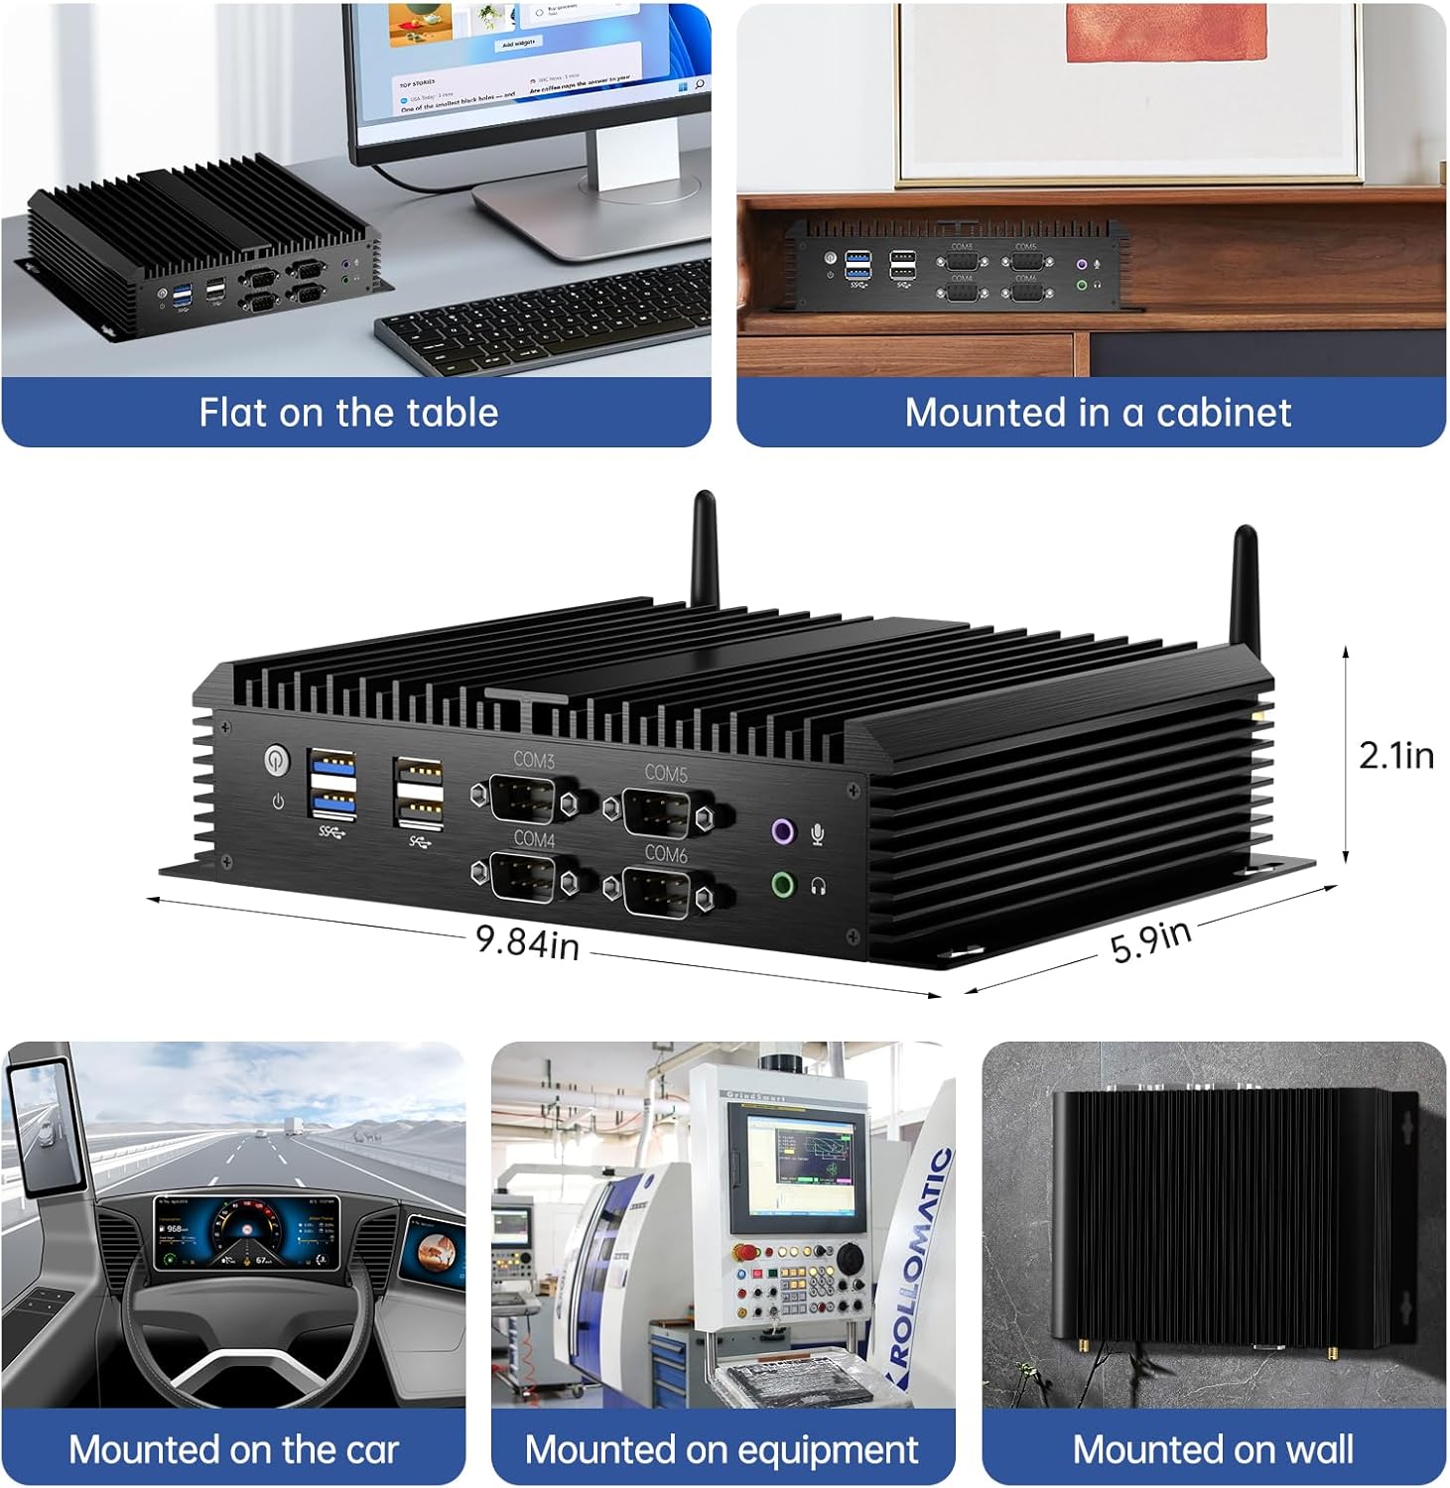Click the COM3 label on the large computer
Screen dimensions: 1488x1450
pyautogui.click(x=534, y=760)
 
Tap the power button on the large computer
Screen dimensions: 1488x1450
pyautogui.click(x=277, y=761)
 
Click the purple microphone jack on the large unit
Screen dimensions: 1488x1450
pyautogui.click(x=784, y=830)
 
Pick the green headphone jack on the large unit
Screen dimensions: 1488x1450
pyautogui.click(x=784, y=883)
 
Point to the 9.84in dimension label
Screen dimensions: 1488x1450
pyautogui.click(x=527, y=940)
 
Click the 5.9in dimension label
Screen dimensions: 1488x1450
pyautogui.click(x=1150, y=939)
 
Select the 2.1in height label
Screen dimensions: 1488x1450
pyautogui.click(x=1396, y=756)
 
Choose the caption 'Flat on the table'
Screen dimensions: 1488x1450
pyautogui.click(x=348, y=412)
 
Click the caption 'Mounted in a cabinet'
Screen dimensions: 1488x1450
pyautogui.click(x=1098, y=412)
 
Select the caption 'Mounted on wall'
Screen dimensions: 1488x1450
pyautogui.click(x=1213, y=1449)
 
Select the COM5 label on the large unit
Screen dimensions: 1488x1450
pyautogui.click(x=665, y=773)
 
